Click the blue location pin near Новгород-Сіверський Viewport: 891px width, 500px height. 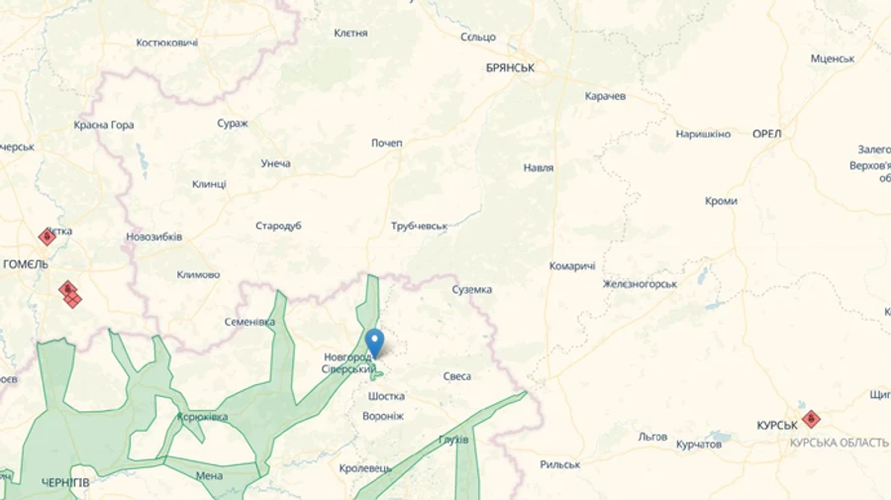[x=374, y=343]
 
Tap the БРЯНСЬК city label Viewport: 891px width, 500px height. [x=510, y=67]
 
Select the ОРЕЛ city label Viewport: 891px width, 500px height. [x=767, y=134]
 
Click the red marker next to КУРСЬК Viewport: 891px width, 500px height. [x=811, y=419]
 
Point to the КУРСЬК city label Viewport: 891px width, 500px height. [x=777, y=426]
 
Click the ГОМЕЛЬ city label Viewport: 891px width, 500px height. [x=26, y=264]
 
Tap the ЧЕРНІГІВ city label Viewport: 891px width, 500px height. [x=65, y=482]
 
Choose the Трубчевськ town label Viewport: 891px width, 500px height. [x=420, y=226]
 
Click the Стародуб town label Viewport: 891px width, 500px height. [x=278, y=226]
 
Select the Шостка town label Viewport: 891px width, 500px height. [x=386, y=396]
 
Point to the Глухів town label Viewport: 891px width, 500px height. [x=453, y=440]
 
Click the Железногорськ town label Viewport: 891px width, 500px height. [x=640, y=284]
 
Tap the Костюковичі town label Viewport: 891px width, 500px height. [x=167, y=43]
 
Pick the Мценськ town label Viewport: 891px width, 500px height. [x=833, y=58]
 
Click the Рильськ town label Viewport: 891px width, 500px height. [x=559, y=464]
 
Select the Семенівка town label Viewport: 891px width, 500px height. [x=249, y=322]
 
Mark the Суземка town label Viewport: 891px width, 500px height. [x=472, y=289]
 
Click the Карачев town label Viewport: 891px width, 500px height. [x=605, y=96]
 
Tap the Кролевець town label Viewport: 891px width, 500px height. [x=365, y=468]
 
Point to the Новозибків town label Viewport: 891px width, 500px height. [x=154, y=237]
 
